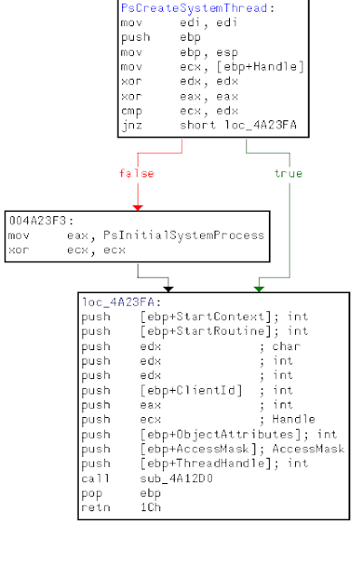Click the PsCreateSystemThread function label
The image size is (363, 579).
click(194, 8)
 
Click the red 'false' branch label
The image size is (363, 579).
click(137, 173)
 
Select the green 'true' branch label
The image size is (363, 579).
click(289, 173)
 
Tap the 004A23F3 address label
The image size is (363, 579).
click(37, 221)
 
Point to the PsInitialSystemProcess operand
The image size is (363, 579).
click(184, 235)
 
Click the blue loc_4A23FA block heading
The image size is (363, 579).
click(118, 302)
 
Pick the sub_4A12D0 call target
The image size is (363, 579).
click(177, 479)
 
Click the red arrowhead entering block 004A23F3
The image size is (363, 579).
click(138, 208)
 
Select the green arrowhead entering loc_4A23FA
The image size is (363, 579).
click(259, 289)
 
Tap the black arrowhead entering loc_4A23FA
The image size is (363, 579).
click(168, 289)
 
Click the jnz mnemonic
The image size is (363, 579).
click(131, 125)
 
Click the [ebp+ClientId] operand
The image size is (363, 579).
click(191, 390)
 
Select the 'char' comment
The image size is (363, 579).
click(286, 346)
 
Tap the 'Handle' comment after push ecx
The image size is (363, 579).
click(294, 420)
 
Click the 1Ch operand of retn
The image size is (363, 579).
click(150, 508)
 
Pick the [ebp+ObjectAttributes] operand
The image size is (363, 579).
click(220, 434)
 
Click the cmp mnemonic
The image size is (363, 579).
click(131, 111)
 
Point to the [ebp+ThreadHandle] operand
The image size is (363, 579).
click(205, 463)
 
